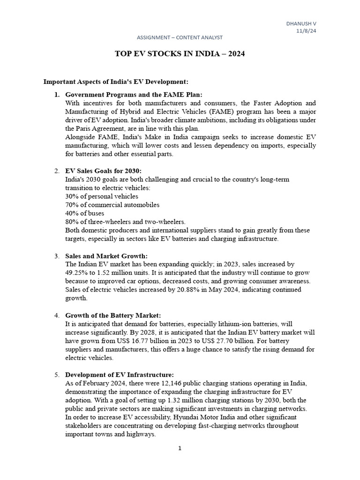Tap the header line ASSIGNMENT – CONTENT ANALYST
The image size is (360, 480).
[180, 37]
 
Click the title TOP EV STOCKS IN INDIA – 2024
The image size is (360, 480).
[180, 54]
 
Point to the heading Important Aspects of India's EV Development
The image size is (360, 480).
[115, 82]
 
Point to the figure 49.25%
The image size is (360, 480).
[77, 273]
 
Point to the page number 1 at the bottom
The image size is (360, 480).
[180, 448]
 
